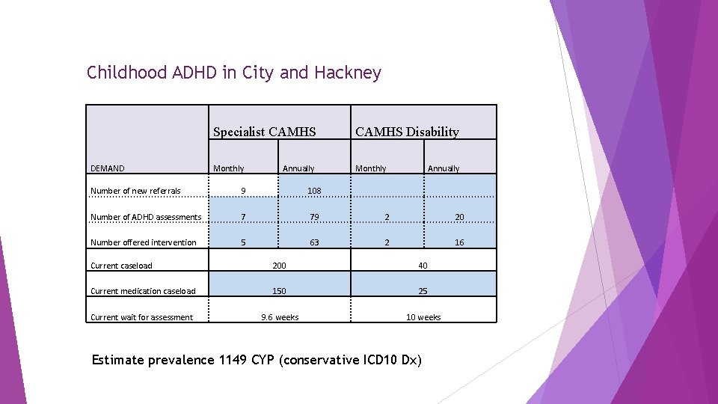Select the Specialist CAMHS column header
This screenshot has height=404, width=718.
pos(264,132)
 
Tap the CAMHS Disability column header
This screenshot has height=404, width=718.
pos(407,132)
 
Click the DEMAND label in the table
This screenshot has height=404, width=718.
pos(108,169)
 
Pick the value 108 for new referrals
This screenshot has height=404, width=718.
pos(314,191)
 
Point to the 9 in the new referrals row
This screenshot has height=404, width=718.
pos(242,191)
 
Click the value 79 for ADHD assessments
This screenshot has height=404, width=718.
pos(314,217)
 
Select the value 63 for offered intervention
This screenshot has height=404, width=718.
pos(314,242)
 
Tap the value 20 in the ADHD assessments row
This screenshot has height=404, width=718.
pos(459,217)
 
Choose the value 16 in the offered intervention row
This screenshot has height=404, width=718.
pos(459,242)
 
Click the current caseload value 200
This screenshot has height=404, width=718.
pos(279,266)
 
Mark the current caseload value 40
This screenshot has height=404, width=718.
pos(423,266)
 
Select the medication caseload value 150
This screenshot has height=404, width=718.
pos(279,291)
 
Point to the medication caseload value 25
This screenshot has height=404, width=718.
pos(423,291)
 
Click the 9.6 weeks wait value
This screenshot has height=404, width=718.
pos(280,317)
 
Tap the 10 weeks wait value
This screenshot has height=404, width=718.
pos(423,317)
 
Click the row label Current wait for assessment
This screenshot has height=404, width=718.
pos(141,317)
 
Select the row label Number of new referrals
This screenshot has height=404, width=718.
pos(135,191)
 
